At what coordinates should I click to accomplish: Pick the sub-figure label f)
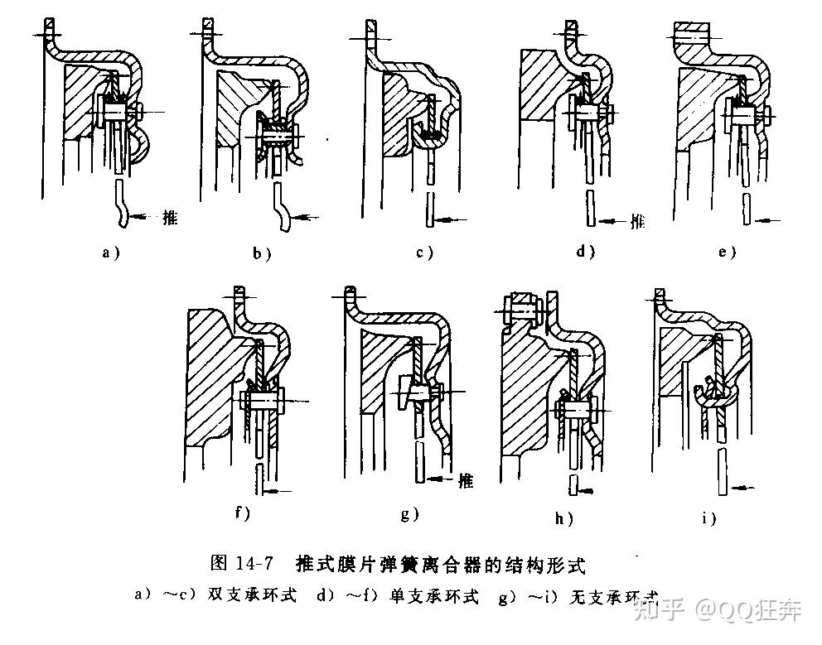pos(242,513)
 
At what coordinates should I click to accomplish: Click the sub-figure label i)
pos(707,518)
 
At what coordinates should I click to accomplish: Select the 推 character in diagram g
pos(465,479)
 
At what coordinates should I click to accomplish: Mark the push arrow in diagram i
pos(747,489)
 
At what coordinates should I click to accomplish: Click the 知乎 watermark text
pos(657,611)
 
